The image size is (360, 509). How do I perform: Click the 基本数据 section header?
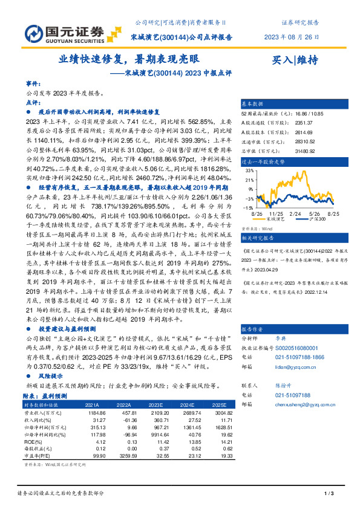(253, 104)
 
